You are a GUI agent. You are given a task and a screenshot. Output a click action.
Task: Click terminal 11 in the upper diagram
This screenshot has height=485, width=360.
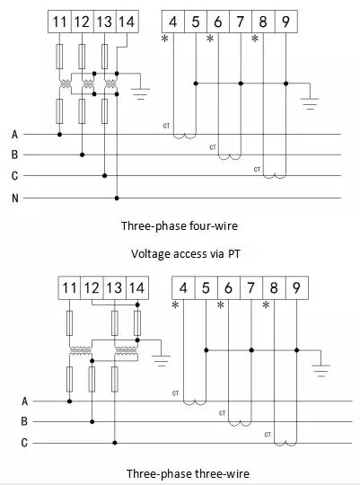[59, 22]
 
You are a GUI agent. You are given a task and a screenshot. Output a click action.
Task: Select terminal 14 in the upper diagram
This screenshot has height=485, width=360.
[127, 22]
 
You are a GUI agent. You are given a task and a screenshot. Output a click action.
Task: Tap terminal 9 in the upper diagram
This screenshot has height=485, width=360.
[286, 22]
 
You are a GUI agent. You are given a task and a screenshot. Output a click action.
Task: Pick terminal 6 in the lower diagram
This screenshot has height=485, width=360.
[229, 287]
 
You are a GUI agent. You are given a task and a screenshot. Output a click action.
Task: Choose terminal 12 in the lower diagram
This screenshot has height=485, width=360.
[92, 287]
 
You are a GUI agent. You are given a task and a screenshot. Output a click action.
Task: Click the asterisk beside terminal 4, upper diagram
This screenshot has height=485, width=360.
[165, 39]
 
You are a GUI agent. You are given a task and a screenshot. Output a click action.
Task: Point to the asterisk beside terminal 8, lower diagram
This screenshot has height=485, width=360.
[266, 305]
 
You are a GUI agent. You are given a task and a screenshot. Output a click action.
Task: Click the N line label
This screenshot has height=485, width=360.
[15, 198]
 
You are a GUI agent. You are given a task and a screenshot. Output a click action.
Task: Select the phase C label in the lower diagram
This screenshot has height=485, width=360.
[24, 443]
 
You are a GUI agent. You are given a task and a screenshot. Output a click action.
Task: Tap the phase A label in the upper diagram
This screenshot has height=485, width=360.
[14, 135]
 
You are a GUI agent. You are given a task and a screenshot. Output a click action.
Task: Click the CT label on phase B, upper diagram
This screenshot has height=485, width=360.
[213, 147]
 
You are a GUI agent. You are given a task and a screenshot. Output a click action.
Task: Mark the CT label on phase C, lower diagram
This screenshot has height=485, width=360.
[268, 435]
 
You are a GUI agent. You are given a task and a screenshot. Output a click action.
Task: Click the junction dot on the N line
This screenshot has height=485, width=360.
[117, 198]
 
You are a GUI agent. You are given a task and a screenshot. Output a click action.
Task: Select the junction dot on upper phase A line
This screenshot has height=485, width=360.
[59, 134]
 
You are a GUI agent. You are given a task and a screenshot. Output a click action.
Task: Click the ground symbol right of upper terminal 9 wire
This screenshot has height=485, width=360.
[310, 103]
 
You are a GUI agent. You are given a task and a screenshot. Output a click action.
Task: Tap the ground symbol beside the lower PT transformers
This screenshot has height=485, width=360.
[161, 361]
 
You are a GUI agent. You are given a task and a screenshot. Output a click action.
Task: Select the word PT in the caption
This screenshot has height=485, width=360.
[233, 254]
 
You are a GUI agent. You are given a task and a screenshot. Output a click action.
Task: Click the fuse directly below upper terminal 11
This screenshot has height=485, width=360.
[59, 57]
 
